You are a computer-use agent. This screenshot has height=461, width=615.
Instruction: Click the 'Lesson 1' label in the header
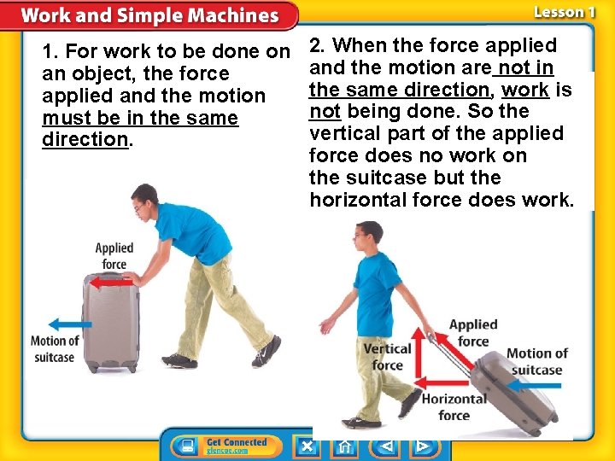click(564, 12)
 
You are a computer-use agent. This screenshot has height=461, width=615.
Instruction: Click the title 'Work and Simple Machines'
click(149, 15)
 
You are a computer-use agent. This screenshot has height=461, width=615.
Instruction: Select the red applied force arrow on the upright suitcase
click(110, 283)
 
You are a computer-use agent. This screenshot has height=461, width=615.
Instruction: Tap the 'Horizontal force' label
click(454, 407)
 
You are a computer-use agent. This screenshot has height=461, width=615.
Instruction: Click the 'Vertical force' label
click(387, 357)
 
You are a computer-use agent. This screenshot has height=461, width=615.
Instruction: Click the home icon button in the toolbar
click(344, 446)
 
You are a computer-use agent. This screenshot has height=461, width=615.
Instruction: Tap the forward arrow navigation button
click(422, 446)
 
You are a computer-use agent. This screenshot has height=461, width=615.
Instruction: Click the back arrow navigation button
click(385, 446)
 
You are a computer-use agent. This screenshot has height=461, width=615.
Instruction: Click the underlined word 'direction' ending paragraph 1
click(85, 140)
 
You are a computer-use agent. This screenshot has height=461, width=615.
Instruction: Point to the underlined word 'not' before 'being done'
click(325, 112)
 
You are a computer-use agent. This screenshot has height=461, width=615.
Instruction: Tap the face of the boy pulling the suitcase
click(366, 236)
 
